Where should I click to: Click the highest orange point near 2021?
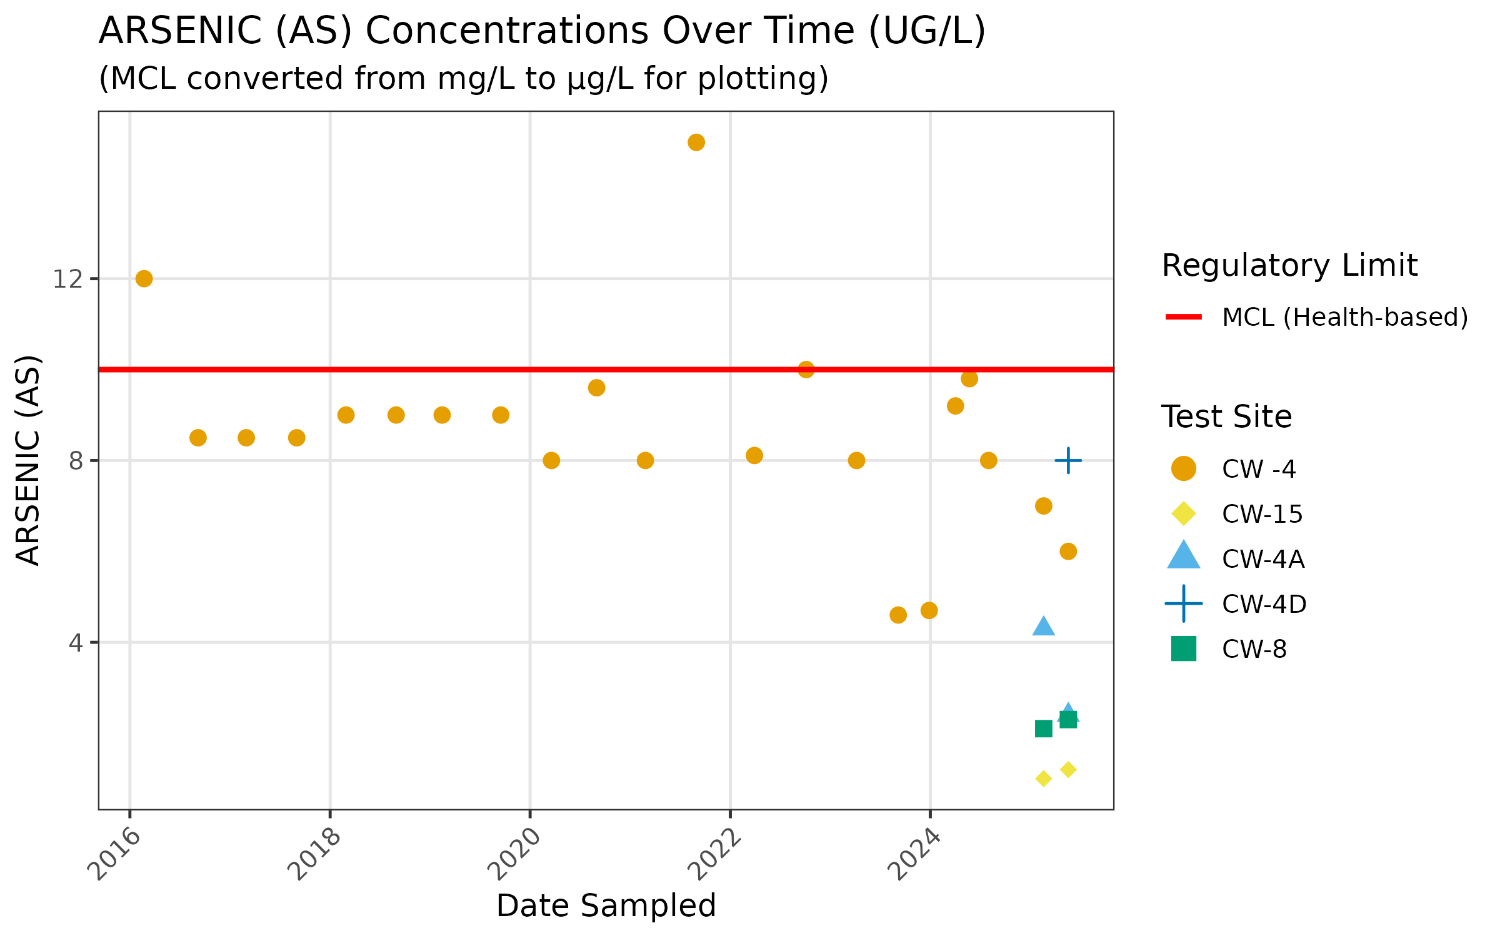696,143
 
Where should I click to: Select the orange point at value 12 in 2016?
144,279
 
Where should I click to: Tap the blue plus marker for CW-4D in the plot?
1068,461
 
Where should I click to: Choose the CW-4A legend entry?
1263,559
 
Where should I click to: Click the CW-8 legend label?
1254,649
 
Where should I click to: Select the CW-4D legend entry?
1264,604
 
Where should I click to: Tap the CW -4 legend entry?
1259,469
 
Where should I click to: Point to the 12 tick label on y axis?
67,279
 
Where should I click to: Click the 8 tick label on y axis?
76,461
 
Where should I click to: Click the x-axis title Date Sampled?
606,905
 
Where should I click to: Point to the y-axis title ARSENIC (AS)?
28,460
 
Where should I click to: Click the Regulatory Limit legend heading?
1289,266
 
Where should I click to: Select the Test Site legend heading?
1226,416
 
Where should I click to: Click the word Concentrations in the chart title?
609,31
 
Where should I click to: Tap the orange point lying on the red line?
806,370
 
